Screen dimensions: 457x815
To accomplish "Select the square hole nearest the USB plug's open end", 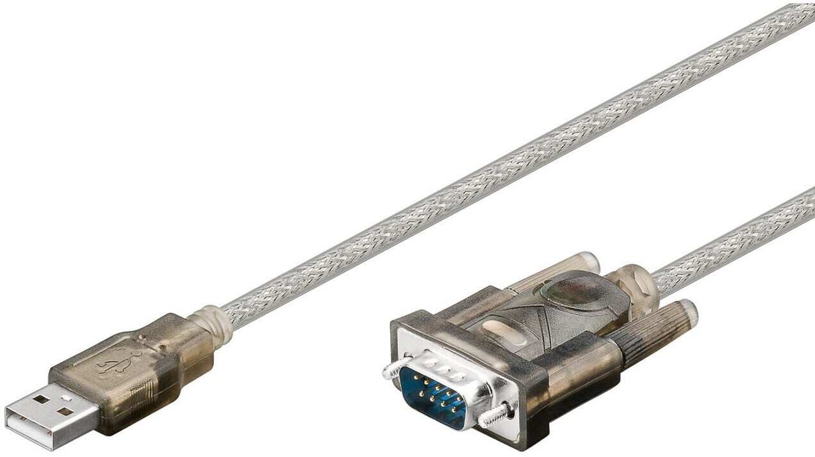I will (40, 399).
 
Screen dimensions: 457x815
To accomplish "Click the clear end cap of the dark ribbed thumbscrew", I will (689, 313).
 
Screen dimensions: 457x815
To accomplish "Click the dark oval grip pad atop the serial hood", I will (570, 291).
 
